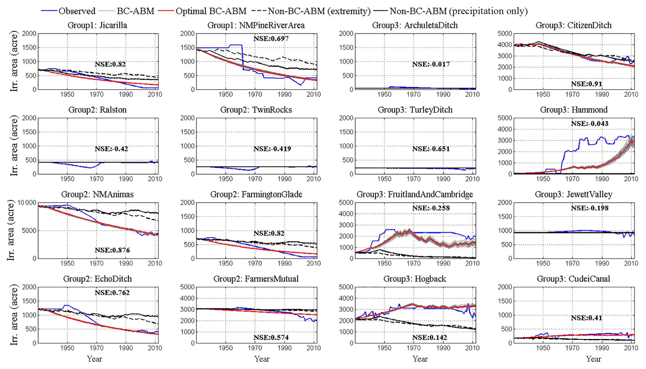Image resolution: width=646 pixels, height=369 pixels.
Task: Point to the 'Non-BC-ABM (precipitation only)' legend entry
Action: point(458,11)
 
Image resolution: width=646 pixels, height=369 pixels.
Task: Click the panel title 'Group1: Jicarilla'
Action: point(98,25)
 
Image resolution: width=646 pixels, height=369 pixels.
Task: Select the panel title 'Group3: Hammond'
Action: point(573,110)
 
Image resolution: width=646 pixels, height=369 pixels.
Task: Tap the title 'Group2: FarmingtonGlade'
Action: point(256,194)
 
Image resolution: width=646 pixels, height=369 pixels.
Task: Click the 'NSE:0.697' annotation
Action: point(271,39)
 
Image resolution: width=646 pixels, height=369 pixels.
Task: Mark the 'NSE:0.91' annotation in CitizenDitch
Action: point(586,84)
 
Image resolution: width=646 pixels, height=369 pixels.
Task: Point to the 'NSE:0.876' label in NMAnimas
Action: point(112,250)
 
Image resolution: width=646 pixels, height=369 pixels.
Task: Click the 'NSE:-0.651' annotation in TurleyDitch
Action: point(431,149)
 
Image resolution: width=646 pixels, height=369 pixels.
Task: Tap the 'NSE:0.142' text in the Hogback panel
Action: point(429,337)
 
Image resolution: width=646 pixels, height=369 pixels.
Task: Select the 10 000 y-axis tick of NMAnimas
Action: point(27,203)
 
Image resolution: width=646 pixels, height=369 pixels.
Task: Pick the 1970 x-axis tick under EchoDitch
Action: point(96,348)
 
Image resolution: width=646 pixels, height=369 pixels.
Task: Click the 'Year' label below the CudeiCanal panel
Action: point(593,359)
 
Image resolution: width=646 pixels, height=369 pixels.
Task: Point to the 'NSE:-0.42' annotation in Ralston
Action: point(112,149)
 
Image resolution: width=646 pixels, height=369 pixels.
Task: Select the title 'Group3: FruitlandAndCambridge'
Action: point(415,194)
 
